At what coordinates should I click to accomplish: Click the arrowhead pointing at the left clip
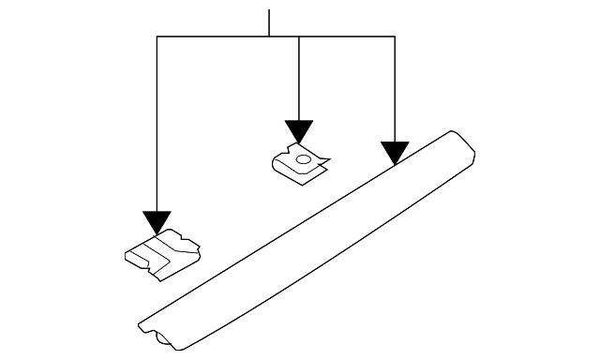[x=157, y=222]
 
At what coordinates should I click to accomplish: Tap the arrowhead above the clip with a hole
[x=298, y=131]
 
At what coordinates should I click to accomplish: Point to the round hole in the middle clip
[x=302, y=159]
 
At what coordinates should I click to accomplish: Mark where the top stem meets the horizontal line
[x=269, y=37]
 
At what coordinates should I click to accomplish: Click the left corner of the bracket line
[x=157, y=37]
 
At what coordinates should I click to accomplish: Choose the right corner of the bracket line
[x=395, y=37]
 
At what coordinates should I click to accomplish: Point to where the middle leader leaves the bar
[x=298, y=37]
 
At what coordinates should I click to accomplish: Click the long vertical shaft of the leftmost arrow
[x=157, y=122]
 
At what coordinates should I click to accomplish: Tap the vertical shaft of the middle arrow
[x=298, y=80]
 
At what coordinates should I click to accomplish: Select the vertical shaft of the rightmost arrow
[x=395, y=89]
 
